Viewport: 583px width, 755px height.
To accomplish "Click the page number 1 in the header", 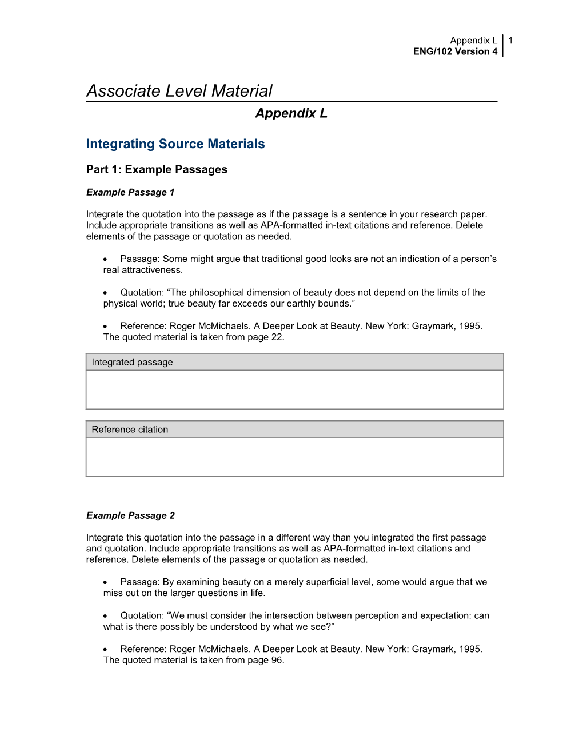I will point(510,41).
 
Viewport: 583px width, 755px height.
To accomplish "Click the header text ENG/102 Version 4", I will point(455,51).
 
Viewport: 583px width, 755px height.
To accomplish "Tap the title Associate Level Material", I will point(179,91).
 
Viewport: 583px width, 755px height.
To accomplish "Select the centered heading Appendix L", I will point(291,113).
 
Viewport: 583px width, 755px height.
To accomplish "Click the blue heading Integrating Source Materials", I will point(175,144).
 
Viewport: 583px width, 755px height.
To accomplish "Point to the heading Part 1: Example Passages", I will point(157,170).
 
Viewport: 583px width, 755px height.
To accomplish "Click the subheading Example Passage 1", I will point(130,192).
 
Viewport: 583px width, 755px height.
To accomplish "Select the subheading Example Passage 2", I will point(130,515).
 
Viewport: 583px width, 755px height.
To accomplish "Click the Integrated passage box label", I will point(132,363).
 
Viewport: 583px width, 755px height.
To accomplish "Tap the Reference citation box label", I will point(130,430).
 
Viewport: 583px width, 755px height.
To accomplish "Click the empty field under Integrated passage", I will point(294,390).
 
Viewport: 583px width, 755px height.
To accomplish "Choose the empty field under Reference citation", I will point(294,457).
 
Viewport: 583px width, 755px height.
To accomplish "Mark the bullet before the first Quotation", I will point(106,293).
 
